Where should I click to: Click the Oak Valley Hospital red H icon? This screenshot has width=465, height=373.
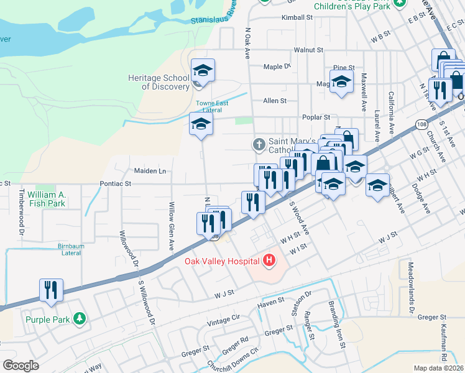pos(269,260)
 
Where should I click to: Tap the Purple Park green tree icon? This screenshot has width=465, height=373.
pos(79,319)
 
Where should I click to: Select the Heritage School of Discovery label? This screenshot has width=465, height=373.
pos(159,82)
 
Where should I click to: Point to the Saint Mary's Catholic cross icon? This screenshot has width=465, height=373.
pos(259,145)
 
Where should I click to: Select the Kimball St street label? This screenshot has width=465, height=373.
pos(296,17)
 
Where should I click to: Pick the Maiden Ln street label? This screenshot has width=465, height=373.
pos(150,170)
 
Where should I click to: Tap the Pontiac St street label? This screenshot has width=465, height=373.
pos(116,184)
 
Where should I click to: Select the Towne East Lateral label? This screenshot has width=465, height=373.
pos(209,106)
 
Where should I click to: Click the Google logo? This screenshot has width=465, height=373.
pos(21,366)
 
